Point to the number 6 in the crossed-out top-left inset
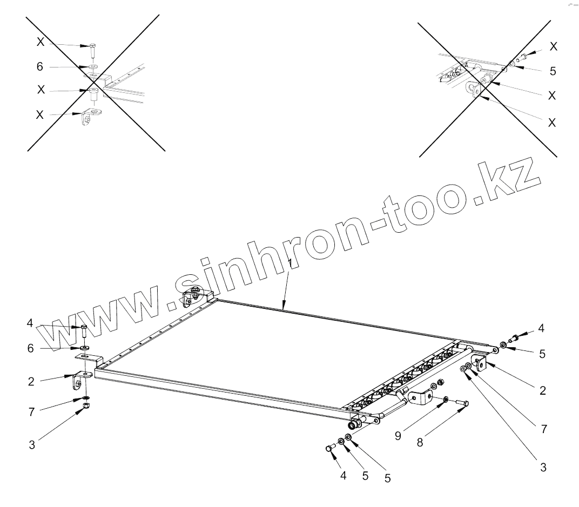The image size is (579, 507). click(39, 66)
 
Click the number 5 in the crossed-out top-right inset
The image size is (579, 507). click(553, 71)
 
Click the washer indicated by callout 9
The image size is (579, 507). click(445, 399)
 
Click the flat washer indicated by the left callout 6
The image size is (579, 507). click(85, 348)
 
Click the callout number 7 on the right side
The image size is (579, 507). click(543, 429)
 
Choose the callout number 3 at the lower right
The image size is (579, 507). click(543, 468)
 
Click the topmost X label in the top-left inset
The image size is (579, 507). click(40, 42)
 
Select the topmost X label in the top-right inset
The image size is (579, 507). click(554, 46)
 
